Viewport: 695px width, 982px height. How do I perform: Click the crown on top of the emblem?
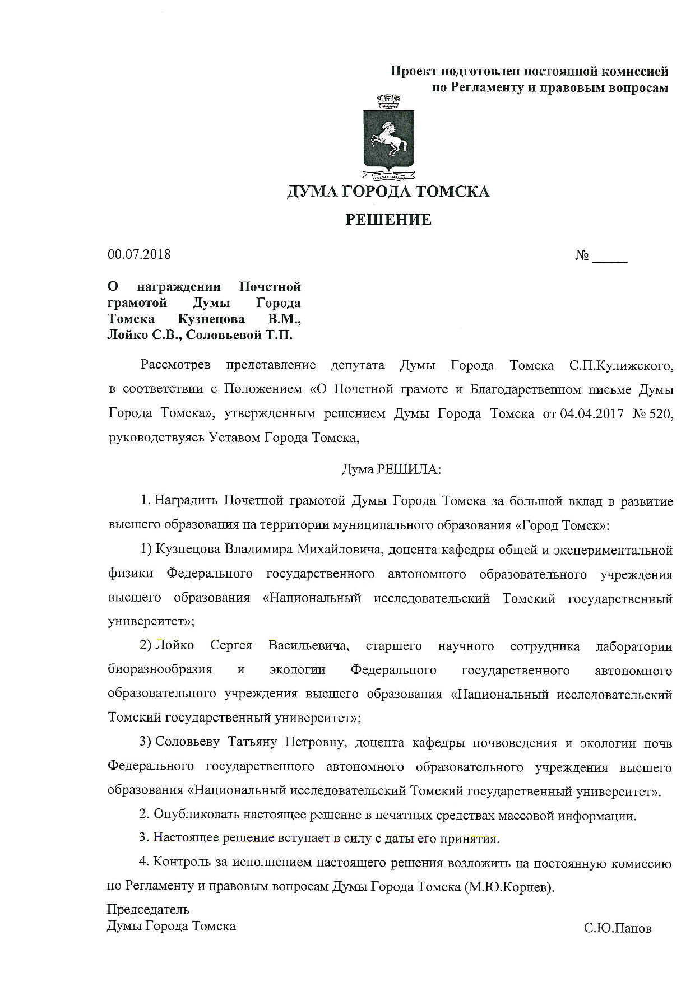pos(388,103)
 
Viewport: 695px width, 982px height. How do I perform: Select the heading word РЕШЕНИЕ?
pos(388,220)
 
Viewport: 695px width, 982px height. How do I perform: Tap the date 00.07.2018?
pos(139,254)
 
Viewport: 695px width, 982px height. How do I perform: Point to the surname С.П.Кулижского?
pos(621,366)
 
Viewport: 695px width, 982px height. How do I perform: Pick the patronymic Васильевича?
pos(309,646)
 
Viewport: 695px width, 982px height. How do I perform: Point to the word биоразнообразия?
pos(160,670)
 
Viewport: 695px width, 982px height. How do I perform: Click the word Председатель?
pos(148,909)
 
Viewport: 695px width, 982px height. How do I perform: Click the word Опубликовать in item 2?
pos(197,815)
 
